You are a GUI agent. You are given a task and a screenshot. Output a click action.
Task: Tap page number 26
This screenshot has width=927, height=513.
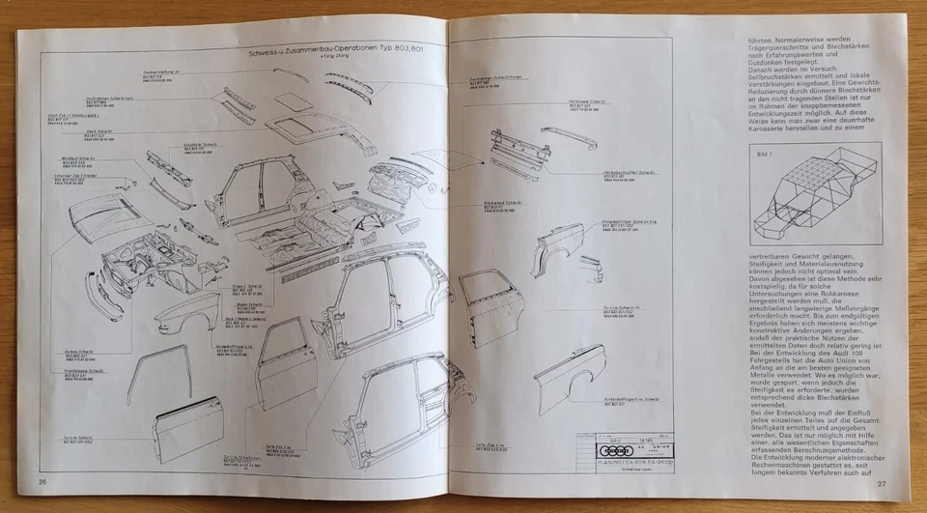point(42,482)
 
